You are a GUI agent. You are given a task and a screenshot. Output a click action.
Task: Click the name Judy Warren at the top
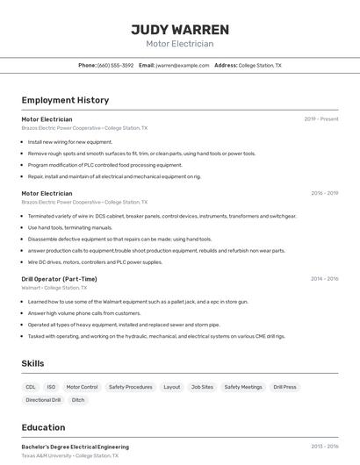(x=180, y=29)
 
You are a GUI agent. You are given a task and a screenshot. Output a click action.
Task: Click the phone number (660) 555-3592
(x=115, y=65)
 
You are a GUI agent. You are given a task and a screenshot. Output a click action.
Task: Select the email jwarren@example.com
(x=176, y=65)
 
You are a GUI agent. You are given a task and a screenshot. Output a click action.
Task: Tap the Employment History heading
(x=65, y=100)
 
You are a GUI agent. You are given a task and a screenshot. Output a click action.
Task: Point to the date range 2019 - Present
(x=321, y=119)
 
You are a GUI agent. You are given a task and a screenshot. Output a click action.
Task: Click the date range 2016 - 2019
(x=324, y=193)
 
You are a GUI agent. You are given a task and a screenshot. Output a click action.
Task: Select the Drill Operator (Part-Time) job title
(x=59, y=279)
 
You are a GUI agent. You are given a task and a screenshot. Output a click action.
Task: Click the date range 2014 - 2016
(x=324, y=279)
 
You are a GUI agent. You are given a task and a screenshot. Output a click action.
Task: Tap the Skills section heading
(x=33, y=362)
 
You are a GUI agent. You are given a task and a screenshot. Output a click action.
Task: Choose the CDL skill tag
(x=31, y=387)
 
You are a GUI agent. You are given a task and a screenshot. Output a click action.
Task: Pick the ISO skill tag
(x=51, y=387)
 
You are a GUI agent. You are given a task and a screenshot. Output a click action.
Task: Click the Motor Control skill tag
(x=83, y=387)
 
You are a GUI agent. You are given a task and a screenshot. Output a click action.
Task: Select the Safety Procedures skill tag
(x=130, y=387)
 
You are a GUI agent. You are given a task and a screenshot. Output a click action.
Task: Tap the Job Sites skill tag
(x=202, y=387)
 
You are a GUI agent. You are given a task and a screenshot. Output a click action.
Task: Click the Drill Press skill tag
(x=284, y=387)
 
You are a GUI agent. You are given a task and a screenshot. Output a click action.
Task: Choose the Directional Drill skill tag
(x=43, y=400)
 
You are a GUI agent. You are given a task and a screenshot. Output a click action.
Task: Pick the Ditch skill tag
(x=78, y=400)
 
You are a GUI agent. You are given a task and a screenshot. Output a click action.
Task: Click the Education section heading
(x=43, y=427)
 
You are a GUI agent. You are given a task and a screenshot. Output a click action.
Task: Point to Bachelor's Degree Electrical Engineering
(x=75, y=447)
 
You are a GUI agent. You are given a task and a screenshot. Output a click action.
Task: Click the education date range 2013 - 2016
(x=324, y=447)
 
